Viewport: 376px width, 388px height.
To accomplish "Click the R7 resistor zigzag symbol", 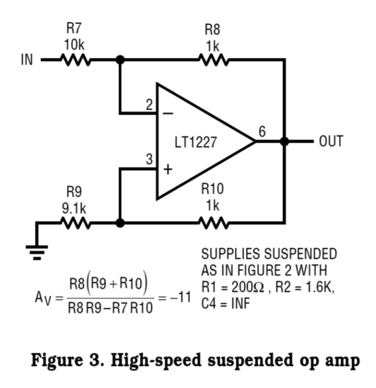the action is pyautogui.click(x=76, y=60).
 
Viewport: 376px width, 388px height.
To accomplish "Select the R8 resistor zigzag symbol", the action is pyautogui.click(x=214, y=60).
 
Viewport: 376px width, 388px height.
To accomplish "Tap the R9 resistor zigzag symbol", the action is pyautogui.click(x=76, y=223).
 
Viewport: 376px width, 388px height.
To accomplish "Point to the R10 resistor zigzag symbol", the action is pyautogui.click(x=214, y=223).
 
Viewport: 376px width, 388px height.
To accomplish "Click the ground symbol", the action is pyautogui.click(x=37, y=253).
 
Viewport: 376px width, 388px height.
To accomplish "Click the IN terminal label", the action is pyautogui.click(x=27, y=60).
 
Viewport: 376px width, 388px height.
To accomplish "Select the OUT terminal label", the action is pyautogui.click(x=331, y=141).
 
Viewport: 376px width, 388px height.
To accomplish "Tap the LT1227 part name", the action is pyautogui.click(x=196, y=142).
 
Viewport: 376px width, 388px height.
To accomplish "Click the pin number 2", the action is pyautogui.click(x=149, y=105).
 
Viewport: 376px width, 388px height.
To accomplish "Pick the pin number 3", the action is pyautogui.click(x=149, y=159).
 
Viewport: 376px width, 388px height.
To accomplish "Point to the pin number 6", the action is pyautogui.click(x=263, y=131).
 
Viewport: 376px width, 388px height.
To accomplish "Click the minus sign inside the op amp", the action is pyautogui.click(x=168, y=114).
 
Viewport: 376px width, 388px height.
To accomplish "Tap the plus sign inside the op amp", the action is pyautogui.click(x=168, y=170).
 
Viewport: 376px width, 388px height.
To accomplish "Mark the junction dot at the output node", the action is pyautogui.click(x=284, y=141).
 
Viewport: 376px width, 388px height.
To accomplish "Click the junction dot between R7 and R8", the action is pyautogui.click(x=120, y=60).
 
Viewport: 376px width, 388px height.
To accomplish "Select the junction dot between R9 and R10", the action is pyautogui.click(x=120, y=223).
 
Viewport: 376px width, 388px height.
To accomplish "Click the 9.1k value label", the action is pyautogui.click(x=74, y=209).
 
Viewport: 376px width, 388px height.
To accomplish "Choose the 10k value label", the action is pyautogui.click(x=74, y=45).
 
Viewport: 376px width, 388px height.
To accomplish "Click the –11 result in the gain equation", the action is pyautogui.click(x=180, y=297).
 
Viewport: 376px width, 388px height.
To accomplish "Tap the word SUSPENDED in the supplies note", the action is pyautogui.click(x=301, y=254).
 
